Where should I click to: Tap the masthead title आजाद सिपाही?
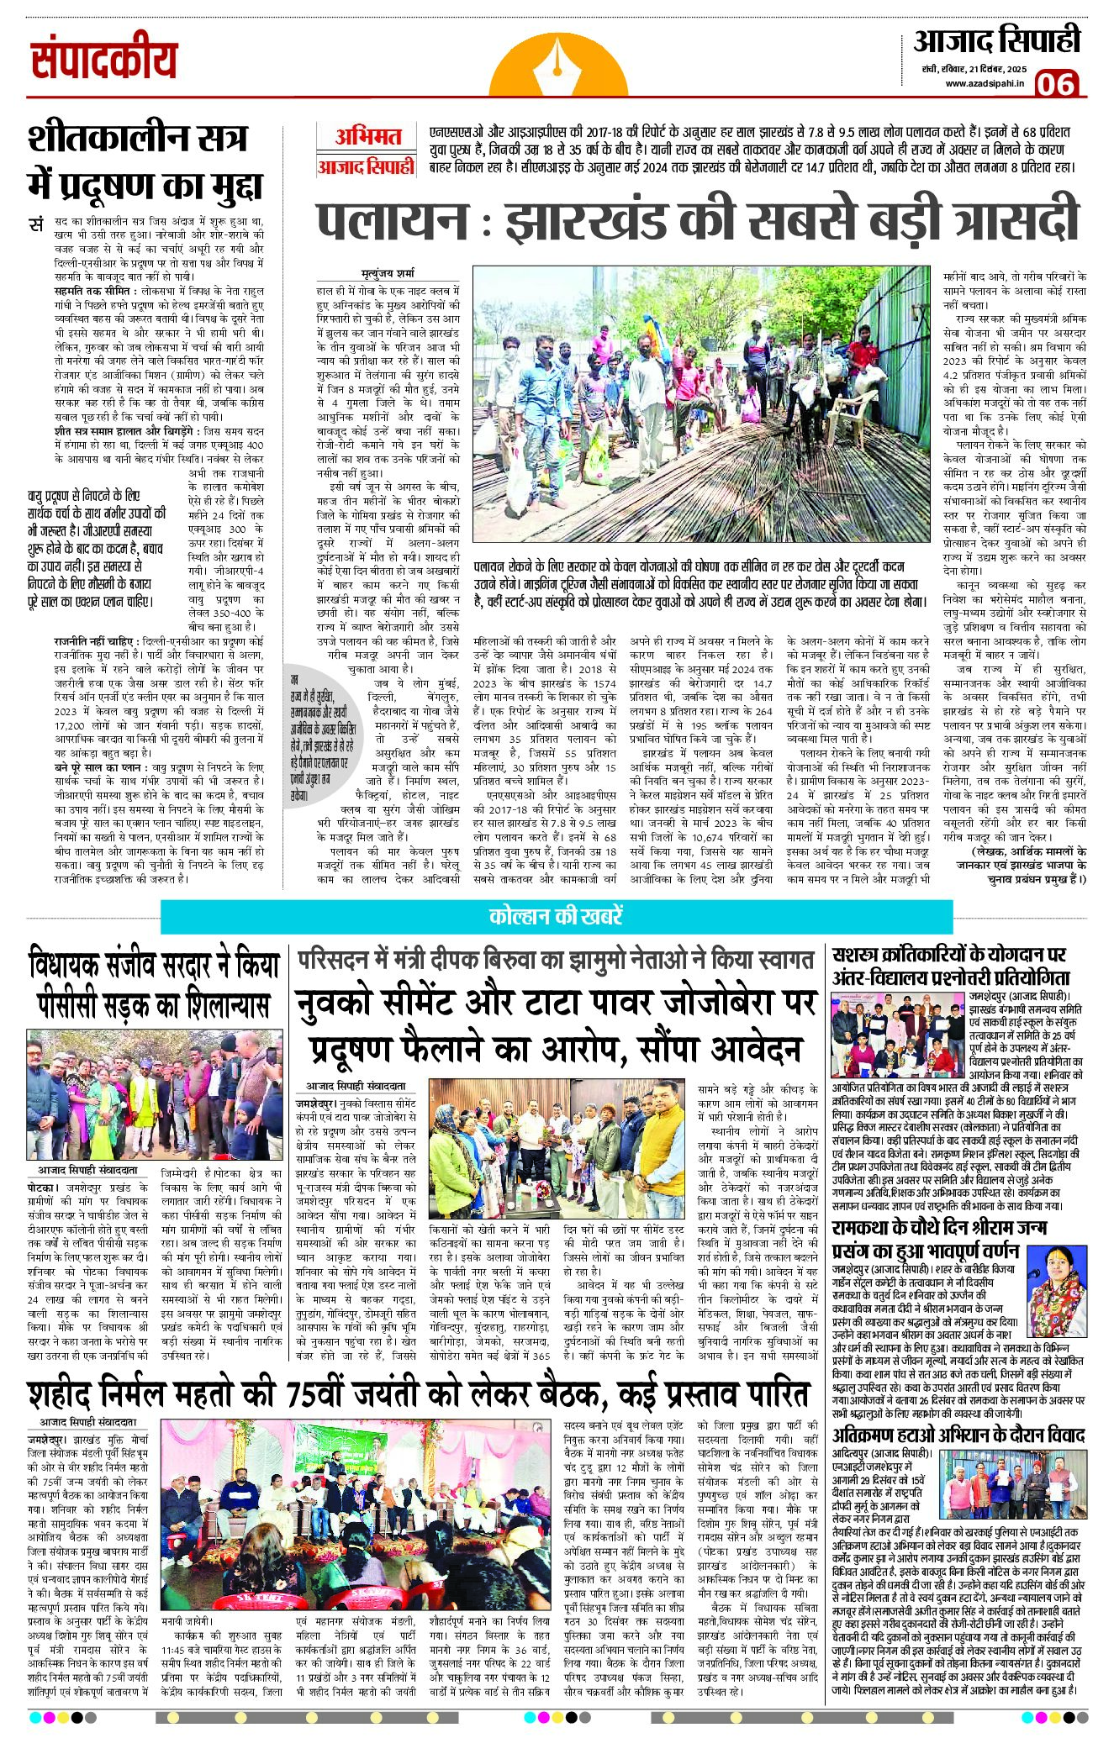click(996, 40)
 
